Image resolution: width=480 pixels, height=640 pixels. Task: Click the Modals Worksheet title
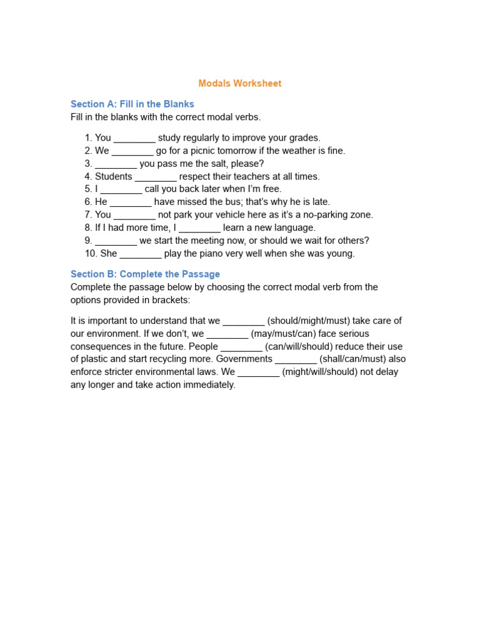click(240, 83)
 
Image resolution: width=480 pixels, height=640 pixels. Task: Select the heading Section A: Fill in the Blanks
click(132, 104)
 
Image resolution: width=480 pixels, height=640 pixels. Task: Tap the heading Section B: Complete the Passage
click(145, 274)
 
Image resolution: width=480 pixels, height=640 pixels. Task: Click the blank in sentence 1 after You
click(134, 138)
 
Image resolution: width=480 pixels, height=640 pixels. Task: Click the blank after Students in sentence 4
click(156, 177)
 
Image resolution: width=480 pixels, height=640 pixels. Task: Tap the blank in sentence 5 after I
click(121, 189)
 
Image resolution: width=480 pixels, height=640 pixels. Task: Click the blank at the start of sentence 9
click(116, 241)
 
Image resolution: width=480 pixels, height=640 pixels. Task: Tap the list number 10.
click(91, 253)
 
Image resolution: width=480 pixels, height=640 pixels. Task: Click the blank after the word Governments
click(296, 359)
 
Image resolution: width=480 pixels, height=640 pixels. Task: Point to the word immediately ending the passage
click(206, 384)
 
